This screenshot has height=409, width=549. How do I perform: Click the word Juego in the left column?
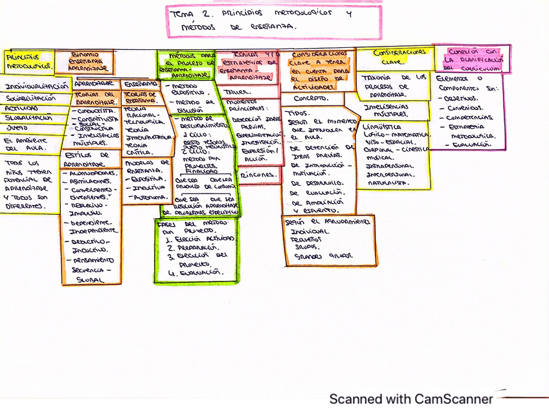tap(17, 127)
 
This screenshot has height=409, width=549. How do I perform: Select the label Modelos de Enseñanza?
tap(146, 166)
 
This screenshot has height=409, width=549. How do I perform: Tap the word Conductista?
tap(93, 111)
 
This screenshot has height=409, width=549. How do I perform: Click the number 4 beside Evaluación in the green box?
tap(171, 273)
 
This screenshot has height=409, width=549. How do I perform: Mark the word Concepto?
tap(310, 99)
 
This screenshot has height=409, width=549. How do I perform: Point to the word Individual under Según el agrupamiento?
tap(305, 230)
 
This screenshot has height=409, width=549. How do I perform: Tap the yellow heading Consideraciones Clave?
tap(392, 56)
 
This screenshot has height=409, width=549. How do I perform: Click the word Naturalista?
tap(387, 183)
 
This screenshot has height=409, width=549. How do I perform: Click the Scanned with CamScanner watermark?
tap(411, 399)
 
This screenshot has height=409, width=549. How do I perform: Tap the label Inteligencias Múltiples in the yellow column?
tap(388, 110)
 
